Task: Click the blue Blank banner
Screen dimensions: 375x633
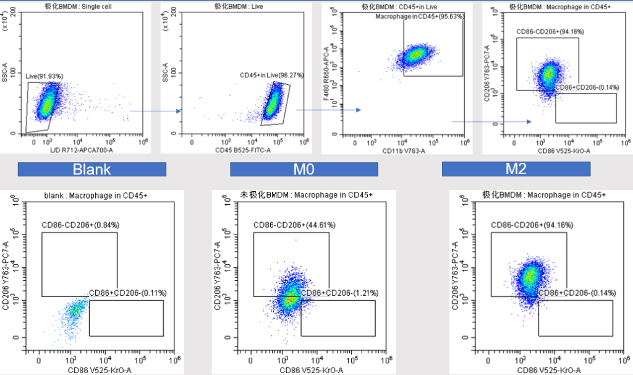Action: pyautogui.click(x=91, y=169)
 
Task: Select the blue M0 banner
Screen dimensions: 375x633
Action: pyautogui.click(x=304, y=169)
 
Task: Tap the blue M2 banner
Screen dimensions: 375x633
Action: pyautogui.click(x=516, y=169)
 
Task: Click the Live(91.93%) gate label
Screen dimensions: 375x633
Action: pyautogui.click(x=45, y=76)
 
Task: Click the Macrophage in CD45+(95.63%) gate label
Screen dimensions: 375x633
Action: pyautogui.click(x=420, y=17)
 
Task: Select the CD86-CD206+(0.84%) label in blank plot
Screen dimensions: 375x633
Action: pyautogui.click(x=80, y=225)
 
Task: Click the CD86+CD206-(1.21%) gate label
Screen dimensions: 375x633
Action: pyautogui.click(x=340, y=293)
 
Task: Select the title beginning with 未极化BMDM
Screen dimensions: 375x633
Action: pyautogui.click(x=306, y=196)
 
